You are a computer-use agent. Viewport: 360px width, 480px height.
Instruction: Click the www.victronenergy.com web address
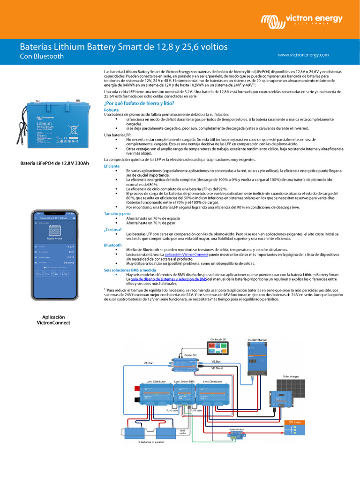point(303,55)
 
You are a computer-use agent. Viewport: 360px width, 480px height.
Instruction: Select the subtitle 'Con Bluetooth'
point(41,57)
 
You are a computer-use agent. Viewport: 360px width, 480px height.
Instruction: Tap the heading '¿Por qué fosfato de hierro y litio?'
point(139,103)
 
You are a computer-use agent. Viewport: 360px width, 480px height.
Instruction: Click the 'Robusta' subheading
point(112,110)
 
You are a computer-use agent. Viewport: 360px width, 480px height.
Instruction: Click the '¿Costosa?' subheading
point(113,230)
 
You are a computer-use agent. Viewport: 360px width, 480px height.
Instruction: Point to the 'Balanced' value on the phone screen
point(69,262)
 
